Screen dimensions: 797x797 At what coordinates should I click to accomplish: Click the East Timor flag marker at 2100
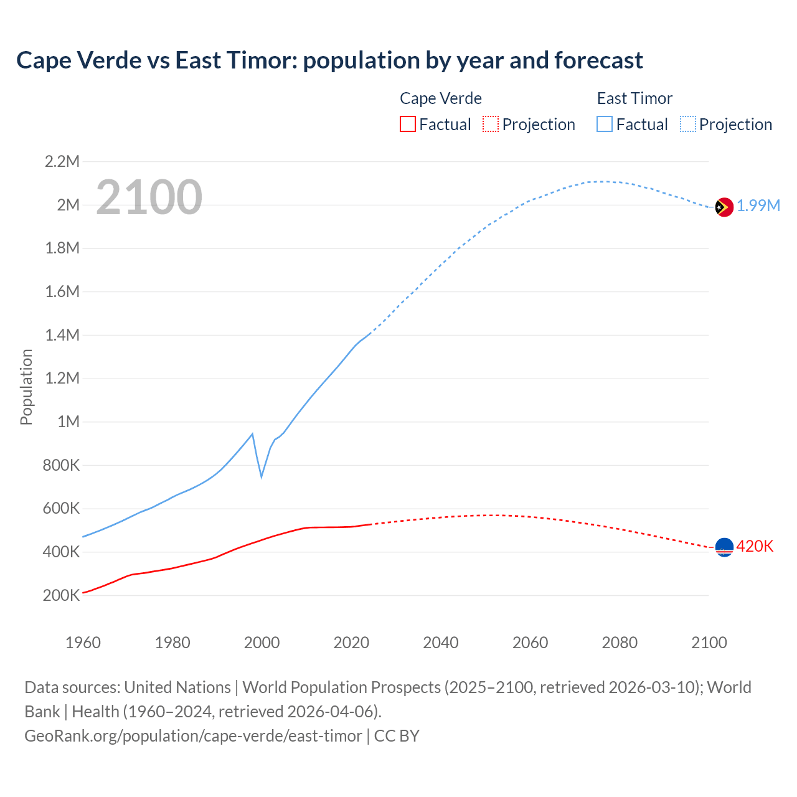[x=724, y=207]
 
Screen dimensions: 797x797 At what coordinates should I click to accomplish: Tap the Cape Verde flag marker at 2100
[x=724, y=547]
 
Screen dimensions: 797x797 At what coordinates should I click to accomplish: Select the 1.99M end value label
[x=758, y=206]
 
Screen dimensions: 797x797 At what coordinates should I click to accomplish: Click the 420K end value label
[x=755, y=547]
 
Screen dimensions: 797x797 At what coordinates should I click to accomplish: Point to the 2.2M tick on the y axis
[x=62, y=162]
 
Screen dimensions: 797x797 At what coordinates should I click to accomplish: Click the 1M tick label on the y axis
[x=68, y=422]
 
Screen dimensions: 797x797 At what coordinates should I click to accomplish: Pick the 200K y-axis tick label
[x=62, y=596]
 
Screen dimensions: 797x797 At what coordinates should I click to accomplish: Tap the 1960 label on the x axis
[x=83, y=643]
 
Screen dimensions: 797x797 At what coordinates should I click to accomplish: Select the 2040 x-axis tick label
[x=441, y=643]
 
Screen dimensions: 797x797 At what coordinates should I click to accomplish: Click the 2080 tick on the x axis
[x=620, y=643]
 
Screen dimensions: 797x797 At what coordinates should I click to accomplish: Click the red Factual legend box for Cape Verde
[x=407, y=125]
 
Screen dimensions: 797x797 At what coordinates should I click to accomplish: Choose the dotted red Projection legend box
[x=491, y=125]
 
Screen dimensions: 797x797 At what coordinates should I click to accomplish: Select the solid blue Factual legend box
[x=605, y=125]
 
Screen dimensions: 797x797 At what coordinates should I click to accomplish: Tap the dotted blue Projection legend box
[x=688, y=125]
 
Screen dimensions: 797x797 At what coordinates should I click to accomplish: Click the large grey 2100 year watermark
[x=149, y=197]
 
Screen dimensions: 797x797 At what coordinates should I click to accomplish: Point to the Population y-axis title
[x=26, y=387]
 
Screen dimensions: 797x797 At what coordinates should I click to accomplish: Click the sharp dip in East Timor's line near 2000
[x=262, y=476]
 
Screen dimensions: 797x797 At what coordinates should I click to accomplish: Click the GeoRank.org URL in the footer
[x=193, y=736]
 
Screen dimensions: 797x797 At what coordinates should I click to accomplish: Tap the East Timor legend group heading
[x=634, y=98]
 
